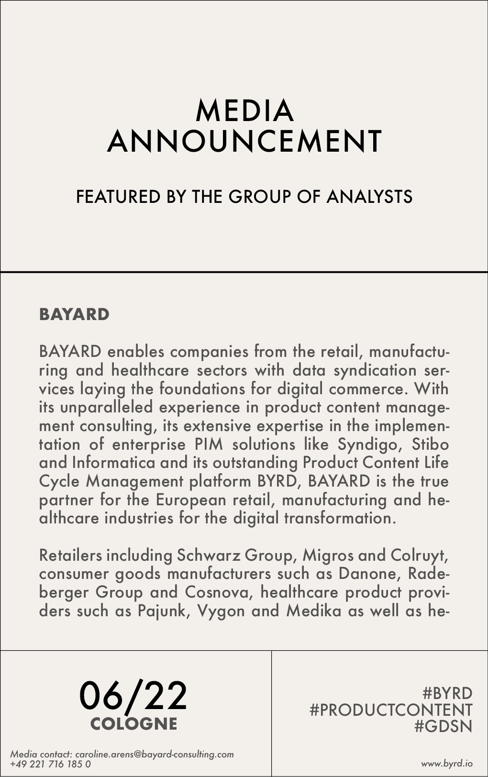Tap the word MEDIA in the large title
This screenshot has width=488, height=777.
[x=244, y=111]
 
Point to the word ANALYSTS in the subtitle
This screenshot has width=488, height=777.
[x=369, y=197]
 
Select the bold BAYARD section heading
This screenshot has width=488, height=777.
[x=74, y=314]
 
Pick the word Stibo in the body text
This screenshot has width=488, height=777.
[x=430, y=444]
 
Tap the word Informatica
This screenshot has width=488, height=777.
[x=113, y=463]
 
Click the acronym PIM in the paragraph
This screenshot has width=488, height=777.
[x=209, y=444]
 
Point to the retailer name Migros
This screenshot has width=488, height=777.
[x=327, y=555]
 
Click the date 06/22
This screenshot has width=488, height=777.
[x=133, y=696]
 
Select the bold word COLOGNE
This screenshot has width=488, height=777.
[x=133, y=723]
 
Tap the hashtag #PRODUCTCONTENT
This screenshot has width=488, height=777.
[x=391, y=710]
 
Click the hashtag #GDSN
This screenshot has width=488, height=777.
[x=443, y=726]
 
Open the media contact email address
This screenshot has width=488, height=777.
[x=155, y=754]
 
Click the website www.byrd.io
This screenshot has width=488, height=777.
[x=447, y=763]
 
